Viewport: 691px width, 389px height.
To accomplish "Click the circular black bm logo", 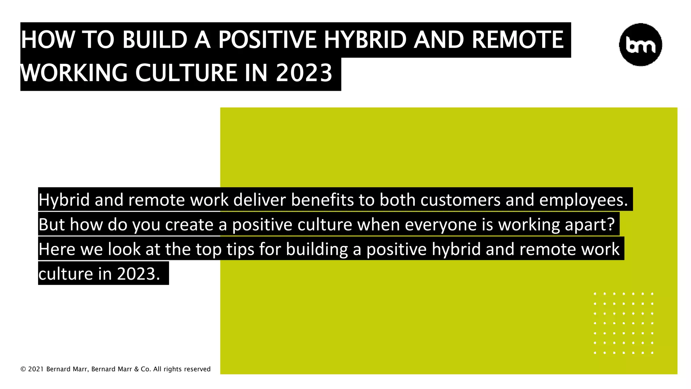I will coord(640,45).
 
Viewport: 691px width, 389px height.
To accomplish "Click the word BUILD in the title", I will coord(155,40).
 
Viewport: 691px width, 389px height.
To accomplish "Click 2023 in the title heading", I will coord(304,73).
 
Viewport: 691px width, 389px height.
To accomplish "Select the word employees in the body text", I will coord(583,200).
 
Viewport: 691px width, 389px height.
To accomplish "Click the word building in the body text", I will coord(317,249).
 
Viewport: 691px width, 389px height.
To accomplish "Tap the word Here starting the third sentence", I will coord(57,249).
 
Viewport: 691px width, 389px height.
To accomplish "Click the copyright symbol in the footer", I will coord(23,369).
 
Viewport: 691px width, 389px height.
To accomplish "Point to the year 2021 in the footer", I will coord(36,369).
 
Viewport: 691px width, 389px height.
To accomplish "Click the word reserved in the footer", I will coord(197,369).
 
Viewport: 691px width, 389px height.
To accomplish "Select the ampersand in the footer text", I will coord(136,369).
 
